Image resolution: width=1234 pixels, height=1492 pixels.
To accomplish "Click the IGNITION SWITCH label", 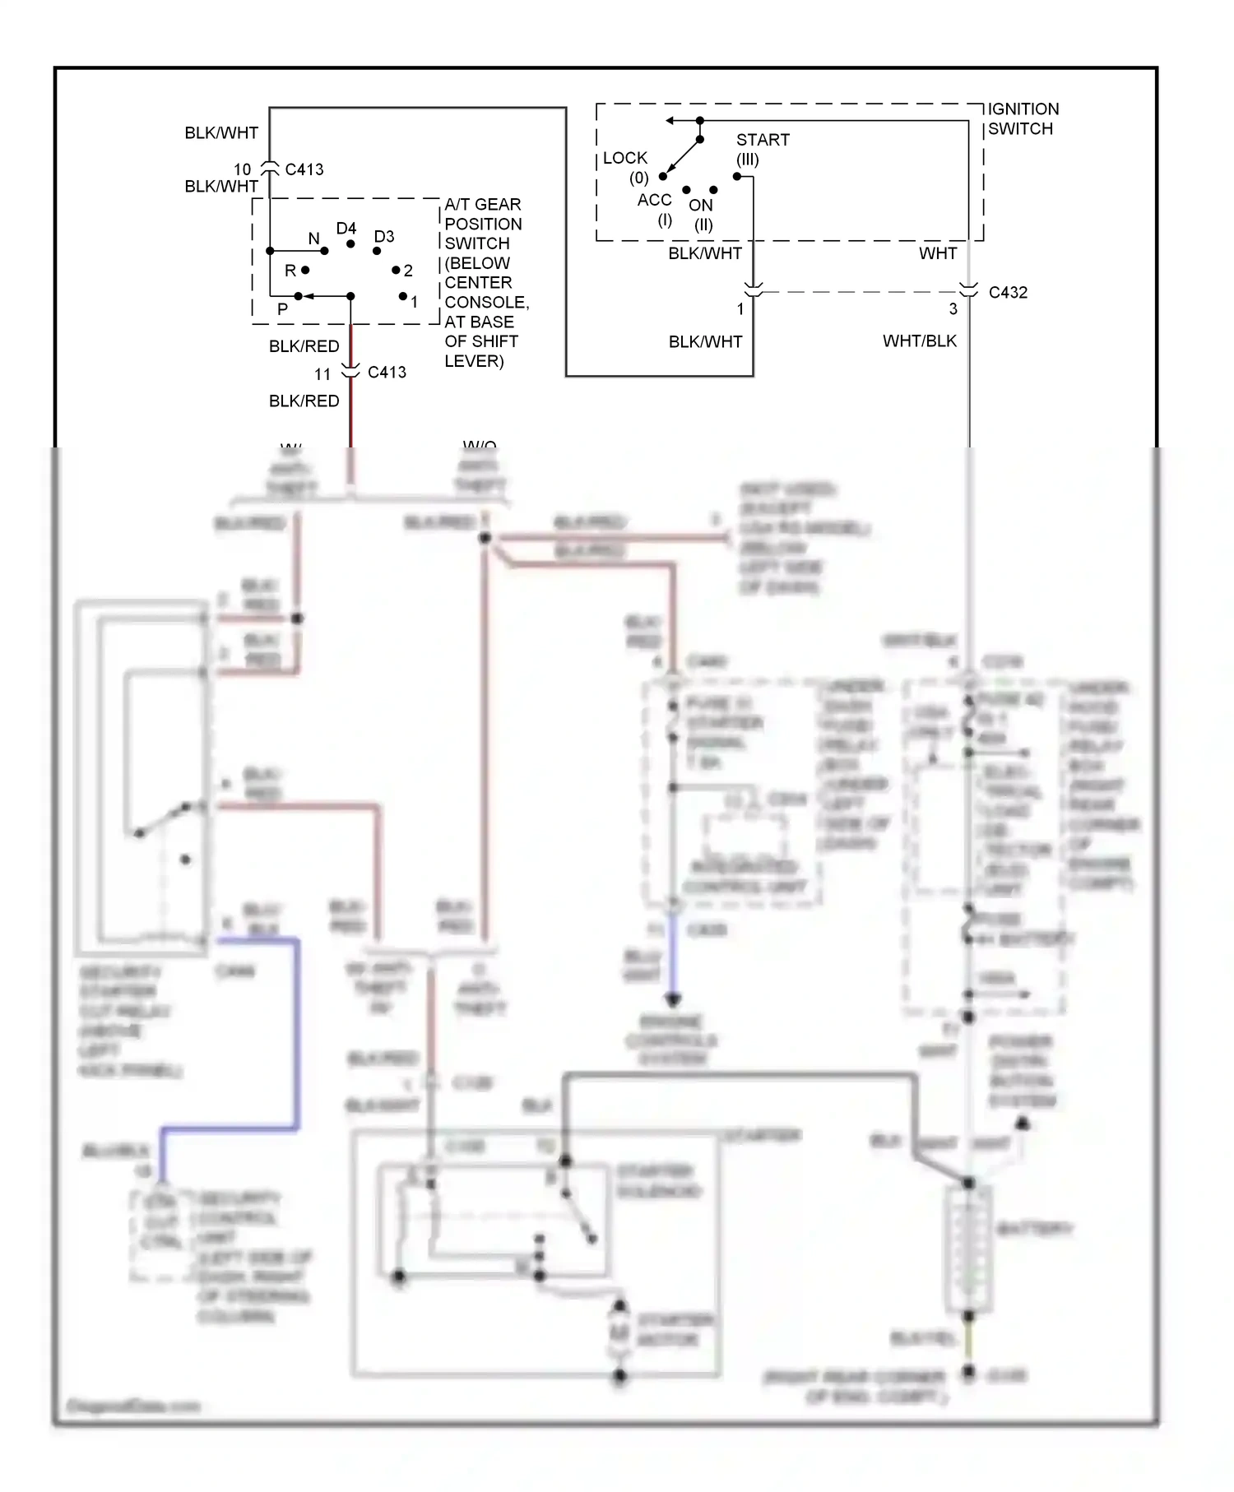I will (1023, 118).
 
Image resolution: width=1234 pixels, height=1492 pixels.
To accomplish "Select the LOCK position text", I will (624, 158).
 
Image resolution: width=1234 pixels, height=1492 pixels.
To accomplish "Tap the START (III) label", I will (762, 148).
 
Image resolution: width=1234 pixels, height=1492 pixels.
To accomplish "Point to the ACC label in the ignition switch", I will (654, 200).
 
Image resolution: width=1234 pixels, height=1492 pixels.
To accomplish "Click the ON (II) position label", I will (701, 214).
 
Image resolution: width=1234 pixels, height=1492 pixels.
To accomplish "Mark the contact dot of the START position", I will (736, 176).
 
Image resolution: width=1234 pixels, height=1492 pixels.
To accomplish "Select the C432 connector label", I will (1008, 293).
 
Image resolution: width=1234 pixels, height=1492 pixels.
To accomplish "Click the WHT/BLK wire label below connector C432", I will (919, 341).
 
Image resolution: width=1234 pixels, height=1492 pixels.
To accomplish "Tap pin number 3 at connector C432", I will (953, 309).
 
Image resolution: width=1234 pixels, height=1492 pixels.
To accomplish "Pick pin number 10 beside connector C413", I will (242, 169).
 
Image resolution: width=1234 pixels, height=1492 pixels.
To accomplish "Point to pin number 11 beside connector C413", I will (322, 374).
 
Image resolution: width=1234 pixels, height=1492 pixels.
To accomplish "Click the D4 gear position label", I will (346, 228).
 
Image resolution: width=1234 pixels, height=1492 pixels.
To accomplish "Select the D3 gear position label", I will (383, 236).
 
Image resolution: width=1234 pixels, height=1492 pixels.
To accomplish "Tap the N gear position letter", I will (313, 239).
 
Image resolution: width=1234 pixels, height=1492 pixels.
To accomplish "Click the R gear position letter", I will (290, 270).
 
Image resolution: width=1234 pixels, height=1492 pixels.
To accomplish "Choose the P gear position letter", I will (282, 308).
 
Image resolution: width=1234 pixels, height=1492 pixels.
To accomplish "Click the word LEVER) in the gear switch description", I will (474, 360).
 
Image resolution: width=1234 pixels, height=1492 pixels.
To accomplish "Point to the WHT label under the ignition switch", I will (937, 253).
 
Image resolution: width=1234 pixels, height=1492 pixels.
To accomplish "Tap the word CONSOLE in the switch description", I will (485, 302).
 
